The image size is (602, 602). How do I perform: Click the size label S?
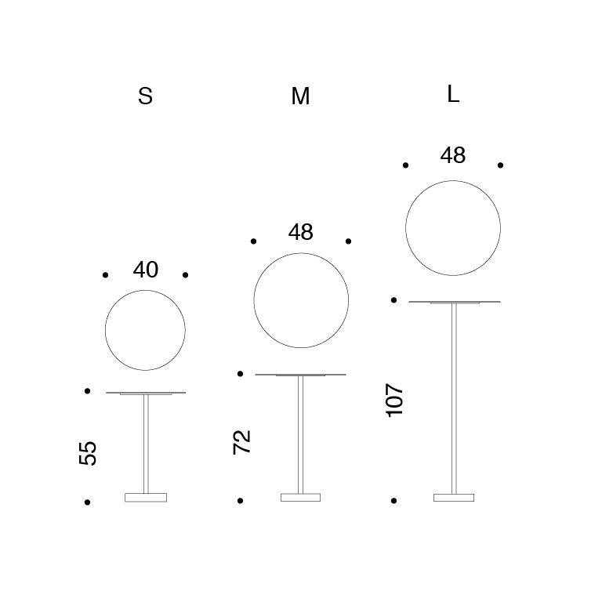click(x=146, y=96)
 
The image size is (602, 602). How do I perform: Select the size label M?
click(x=300, y=96)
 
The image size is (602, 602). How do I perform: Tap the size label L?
click(x=453, y=94)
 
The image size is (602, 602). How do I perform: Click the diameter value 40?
click(x=146, y=270)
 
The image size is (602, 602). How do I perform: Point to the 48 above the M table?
click(x=301, y=232)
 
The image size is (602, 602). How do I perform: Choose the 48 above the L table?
click(x=453, y=155)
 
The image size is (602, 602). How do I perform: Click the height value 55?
click(x=88, y=453)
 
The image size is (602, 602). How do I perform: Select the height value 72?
click(x=242, y=442)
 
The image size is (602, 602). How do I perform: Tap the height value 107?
click(x=395, y=400)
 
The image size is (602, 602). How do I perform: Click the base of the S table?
click(x=146, y=498)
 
